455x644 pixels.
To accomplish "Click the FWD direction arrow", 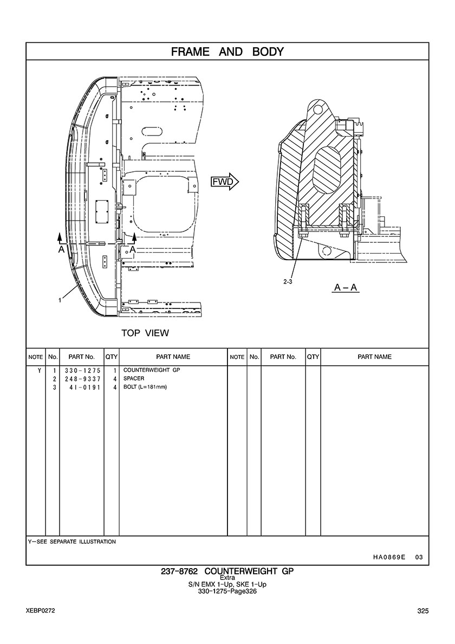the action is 225,182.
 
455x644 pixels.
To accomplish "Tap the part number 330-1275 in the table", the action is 82,370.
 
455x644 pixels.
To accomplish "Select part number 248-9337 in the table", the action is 82,379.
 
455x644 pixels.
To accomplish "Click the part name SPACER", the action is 134,378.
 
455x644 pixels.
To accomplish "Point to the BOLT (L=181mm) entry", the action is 145,387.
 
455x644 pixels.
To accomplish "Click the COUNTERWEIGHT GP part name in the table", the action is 152,370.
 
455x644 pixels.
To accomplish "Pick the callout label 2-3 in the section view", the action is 288,282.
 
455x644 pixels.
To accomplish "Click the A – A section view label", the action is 346,287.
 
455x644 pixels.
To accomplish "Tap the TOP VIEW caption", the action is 145,333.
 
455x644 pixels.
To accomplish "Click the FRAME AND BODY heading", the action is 227,51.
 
